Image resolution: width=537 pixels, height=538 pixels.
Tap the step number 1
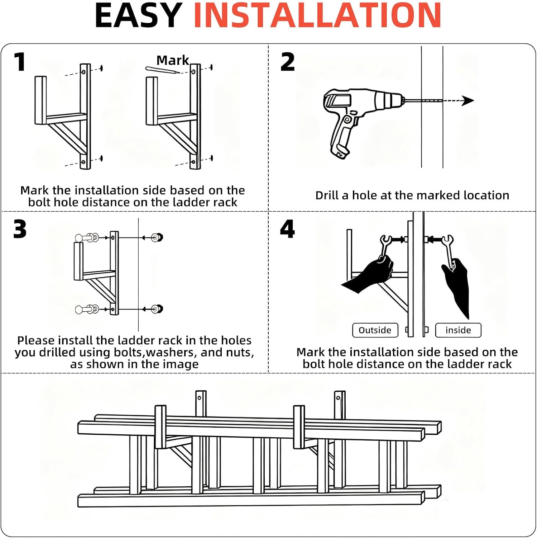point(20,62)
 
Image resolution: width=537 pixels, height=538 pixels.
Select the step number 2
point(287,62)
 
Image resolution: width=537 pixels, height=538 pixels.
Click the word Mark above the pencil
point(173,60)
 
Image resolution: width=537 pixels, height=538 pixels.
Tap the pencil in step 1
point(162,70)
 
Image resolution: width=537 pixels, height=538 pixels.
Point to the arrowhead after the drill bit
point(468,101)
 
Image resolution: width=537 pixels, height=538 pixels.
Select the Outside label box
point(375,330)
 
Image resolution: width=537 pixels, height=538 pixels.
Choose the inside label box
point(458,330)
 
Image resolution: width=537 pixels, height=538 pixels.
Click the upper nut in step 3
point(157,237)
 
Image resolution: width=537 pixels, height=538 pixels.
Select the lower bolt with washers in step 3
point(87,309)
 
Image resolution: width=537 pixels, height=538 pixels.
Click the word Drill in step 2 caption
point(327,195)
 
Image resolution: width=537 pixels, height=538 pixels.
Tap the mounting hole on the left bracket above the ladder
point(200,398)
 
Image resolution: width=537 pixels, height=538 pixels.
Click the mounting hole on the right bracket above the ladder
point(338,397)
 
